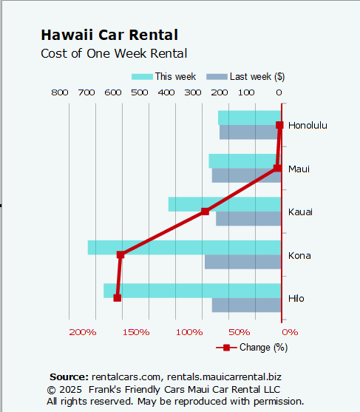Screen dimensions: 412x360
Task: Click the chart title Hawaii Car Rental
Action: coord(109,35)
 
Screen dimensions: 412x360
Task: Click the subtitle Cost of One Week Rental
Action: coord(114,53)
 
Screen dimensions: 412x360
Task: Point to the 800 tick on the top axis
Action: coord(60,92)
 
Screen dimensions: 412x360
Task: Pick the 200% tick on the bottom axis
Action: coord(83,332)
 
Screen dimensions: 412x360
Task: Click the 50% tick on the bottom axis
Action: coord(239,332)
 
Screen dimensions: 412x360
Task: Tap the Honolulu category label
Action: coord(308,125)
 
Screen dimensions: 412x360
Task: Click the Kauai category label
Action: coord(300,212)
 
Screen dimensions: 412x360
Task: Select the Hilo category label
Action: coord(296,299)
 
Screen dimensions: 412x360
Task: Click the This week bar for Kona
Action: coord(185,247)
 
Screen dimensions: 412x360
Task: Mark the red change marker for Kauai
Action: coord(206,212)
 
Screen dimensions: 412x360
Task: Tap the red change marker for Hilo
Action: coord(117,297)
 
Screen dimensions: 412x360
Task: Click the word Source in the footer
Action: coord(69,377)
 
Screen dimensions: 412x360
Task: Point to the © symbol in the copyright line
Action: coord(51,389)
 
